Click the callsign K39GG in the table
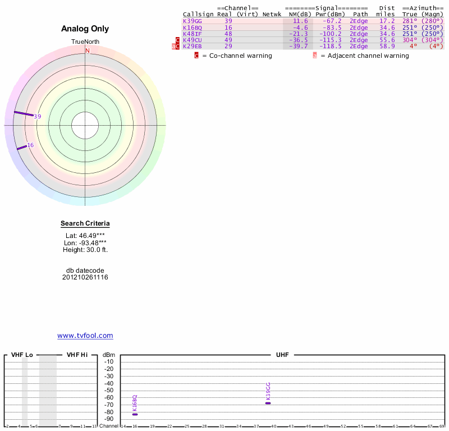click(193, 21)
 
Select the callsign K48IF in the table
click(193, 34)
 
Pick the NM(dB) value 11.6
click(300, 21)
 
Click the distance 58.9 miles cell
click(387, 46)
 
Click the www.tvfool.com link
click(85, 336)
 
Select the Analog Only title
click(85, 29)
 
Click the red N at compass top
click(87, 51)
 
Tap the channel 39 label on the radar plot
click(38, 117)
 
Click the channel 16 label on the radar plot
click(30, 145)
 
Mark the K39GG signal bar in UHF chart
click(268, 403)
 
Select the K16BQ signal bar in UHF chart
click(135, 414)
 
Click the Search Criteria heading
click(85, 223)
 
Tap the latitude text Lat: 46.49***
click(85, 235)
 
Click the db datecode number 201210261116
click(85, 277)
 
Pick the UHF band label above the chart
click(283, 355)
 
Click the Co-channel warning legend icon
click(196, 56)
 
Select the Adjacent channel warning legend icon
click(315, 56)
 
